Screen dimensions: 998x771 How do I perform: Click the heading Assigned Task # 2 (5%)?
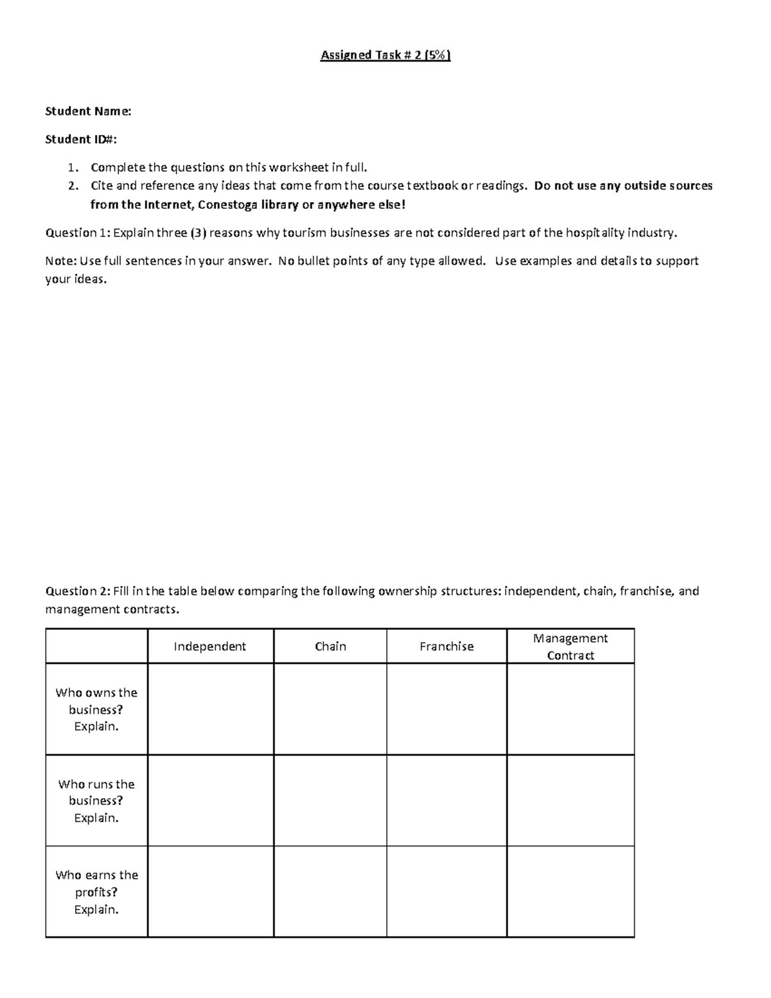pyautogui.click(x=385, y=55)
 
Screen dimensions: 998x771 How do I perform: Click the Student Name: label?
pyautogui.click(x=88, y=111)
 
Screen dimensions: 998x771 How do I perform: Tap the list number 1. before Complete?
pyautogui.click(x=73, y=168)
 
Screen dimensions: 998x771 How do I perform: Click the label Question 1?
pyautogui.click(x=78, y=233)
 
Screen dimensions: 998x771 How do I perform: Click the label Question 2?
pyautogui.click(x=78, y=591)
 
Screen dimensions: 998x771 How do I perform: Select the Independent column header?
pyautogui.click(x=209, y=646)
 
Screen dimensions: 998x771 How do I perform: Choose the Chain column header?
pyautogui.click(x=330, y=646)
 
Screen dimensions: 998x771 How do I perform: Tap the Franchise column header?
pyautogui.click(x=447, y=646)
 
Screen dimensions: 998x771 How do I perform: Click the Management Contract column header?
pyautogui.click(x=570, y=646)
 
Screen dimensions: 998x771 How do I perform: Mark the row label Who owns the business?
pyautogui.click(x=96, y=709)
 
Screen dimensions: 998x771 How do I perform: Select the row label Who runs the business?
pyautogui.click(x=96, y=801)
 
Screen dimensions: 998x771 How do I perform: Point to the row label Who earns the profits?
pyautogui.click(x=96, y=892)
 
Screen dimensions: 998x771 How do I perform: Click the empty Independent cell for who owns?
pyautogui.click(x=211, y=709)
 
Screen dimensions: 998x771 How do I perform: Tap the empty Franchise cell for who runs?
pyautogui.click(x=447, y=801)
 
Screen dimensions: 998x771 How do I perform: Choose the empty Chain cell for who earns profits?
pyautogui.click(x=330, y=892)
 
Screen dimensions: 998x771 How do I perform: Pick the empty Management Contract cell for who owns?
pyautogui.click(x=571, y=709)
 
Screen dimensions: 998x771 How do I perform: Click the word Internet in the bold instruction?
pyautogui.click(x=169, y=205)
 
